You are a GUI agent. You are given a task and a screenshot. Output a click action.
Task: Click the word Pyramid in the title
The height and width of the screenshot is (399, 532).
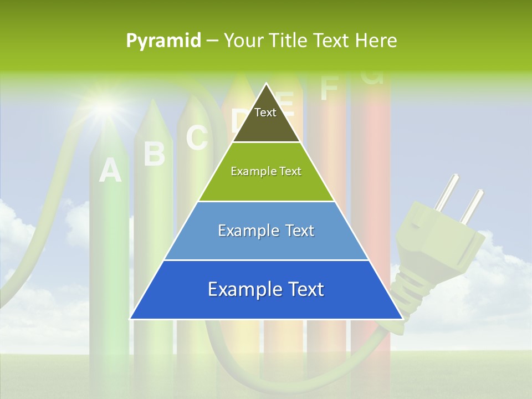click(x=163, y=41)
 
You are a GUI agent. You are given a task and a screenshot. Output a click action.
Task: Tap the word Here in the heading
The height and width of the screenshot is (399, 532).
click(x=376, y=40)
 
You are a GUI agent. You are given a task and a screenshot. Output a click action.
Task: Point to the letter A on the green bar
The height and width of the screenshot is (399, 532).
click(x=110, y=170)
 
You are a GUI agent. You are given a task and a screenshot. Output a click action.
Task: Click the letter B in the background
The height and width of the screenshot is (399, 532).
click(x=154, y=154)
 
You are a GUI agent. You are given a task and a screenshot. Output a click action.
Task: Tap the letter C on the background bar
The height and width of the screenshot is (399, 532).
click(x=196, y=138)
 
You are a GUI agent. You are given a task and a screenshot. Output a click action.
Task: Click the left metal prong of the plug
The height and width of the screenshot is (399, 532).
click(x=447, y=192)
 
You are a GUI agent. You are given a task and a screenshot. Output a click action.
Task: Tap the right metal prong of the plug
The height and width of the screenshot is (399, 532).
click(x=472, y=206)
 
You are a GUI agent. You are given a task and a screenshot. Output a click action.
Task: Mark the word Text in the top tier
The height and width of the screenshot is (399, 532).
click(x=265, y=112)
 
